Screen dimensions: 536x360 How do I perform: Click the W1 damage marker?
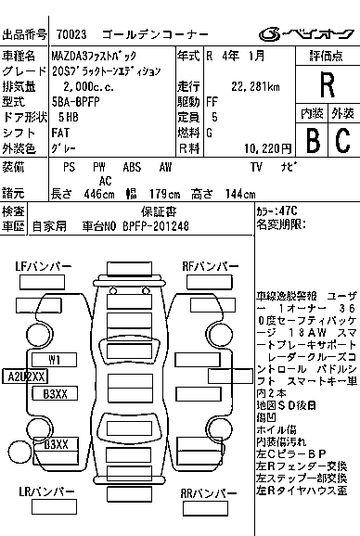(x=56, y=358)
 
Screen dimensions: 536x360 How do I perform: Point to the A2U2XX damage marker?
(x=27, y=376)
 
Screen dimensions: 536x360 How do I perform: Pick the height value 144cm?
(x=239, y=195)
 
